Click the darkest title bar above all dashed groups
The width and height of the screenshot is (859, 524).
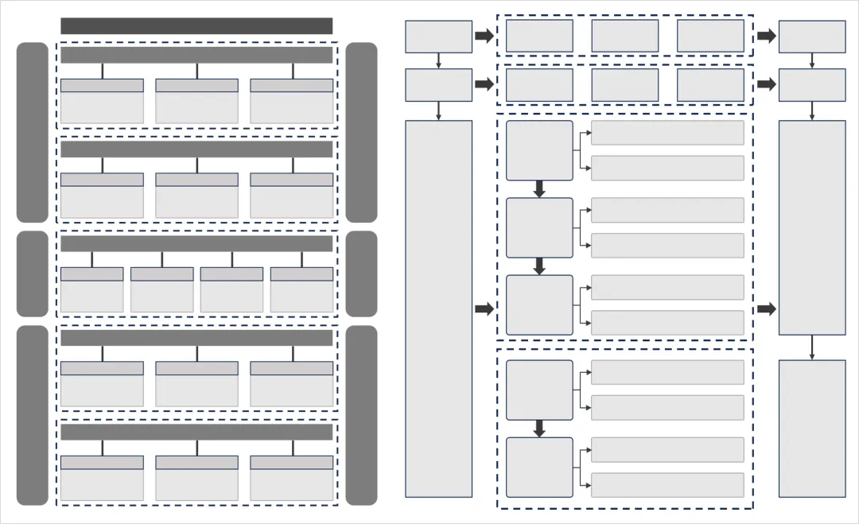point(196,26)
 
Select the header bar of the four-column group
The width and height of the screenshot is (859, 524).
point(196,243)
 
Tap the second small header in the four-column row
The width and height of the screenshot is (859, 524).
point(161,274)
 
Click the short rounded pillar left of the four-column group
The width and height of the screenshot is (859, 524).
point(33,274)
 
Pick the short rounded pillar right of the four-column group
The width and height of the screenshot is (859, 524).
point(361,274)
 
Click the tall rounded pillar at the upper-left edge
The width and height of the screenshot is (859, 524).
point(33,132)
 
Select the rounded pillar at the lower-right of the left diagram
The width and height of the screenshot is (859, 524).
point(361,415)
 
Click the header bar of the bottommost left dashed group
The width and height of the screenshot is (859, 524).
point(196,432)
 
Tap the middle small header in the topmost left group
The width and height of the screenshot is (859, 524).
point(196,85)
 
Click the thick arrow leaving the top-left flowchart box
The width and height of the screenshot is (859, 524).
point(484,36)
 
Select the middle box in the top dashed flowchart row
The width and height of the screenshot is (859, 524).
point(625,36)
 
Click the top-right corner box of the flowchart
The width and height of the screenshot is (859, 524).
point(811,37)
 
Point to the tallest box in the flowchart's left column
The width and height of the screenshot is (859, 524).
point(438,309)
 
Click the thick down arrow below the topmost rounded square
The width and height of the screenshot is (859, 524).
point(539,189)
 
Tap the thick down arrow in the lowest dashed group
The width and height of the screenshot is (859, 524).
point(539,429)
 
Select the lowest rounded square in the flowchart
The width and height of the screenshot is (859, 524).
point(539,468)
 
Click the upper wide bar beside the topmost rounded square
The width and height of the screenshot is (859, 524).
point(667,133)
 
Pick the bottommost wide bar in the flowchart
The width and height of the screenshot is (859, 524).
point(667,485)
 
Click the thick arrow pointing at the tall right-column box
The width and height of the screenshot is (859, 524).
point(766,309)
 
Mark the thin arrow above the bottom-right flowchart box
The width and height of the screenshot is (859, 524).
point(811,347)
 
